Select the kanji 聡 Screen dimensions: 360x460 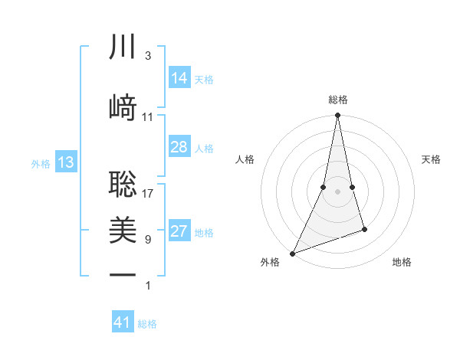[123, 183]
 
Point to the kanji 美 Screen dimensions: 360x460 [123, 230]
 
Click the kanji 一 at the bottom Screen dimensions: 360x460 [123, 274]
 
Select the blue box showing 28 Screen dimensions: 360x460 [179, 147]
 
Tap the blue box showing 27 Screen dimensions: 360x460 [179, 232]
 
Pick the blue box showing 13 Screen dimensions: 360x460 [66, 162]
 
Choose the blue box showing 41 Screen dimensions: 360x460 [123, 322]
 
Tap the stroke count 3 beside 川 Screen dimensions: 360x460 [148, 56]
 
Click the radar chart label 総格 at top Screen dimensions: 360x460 [338, 100]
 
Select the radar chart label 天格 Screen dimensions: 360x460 [431, 159]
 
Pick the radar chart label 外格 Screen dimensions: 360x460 [270, 263]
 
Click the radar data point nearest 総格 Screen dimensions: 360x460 [337, 116]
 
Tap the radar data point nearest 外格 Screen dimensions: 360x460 [292, 253]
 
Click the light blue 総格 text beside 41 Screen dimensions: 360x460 [147, 324]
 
